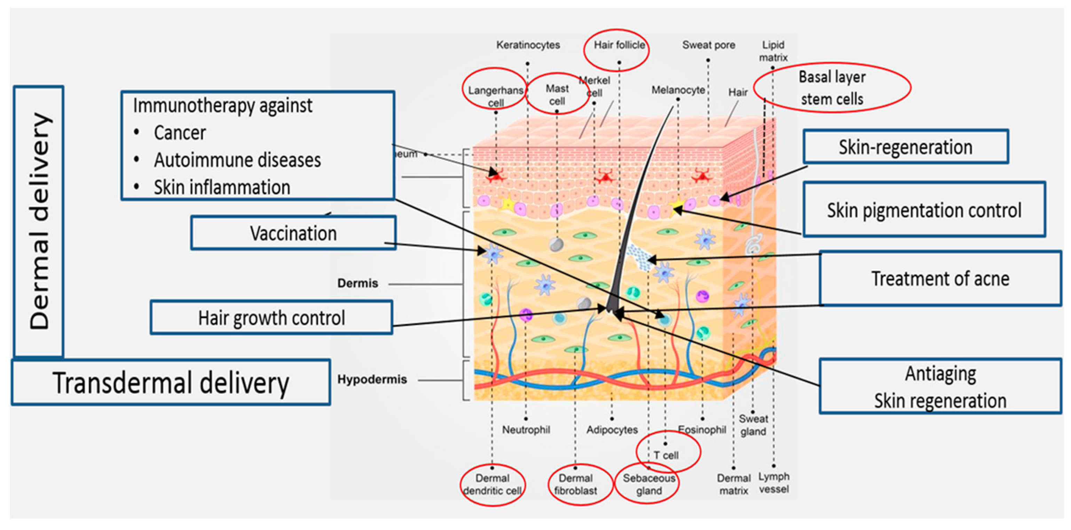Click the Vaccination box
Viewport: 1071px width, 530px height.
(x=293, y=233)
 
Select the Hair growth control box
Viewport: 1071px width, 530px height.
(x=271, y=318)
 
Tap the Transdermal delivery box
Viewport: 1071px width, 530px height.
(x=171, y=382)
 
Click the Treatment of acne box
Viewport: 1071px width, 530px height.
(x=940, y=278)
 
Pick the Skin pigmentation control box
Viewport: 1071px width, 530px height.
(x=924, y=210)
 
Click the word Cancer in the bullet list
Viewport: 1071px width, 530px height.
(x=180, y=133)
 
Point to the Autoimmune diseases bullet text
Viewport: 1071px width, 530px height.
(x=237, y=160)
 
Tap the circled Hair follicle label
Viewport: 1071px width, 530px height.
(x=618, y=45)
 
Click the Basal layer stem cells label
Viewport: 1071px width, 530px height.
(x=832, y=88)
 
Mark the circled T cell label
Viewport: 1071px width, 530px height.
(x=666, y=455)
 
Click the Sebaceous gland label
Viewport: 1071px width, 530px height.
(x=648, y=484)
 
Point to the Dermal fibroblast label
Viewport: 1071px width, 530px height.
(x=575, y=484)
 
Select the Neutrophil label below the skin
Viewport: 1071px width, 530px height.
(x=526, y=429)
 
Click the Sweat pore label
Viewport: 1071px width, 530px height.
(x=708, y=45)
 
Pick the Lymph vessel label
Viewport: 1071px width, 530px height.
(x=773, y=483)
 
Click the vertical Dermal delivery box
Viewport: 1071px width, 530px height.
(x=39, y=221)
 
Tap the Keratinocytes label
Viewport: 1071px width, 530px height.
(x=528, y=45)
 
